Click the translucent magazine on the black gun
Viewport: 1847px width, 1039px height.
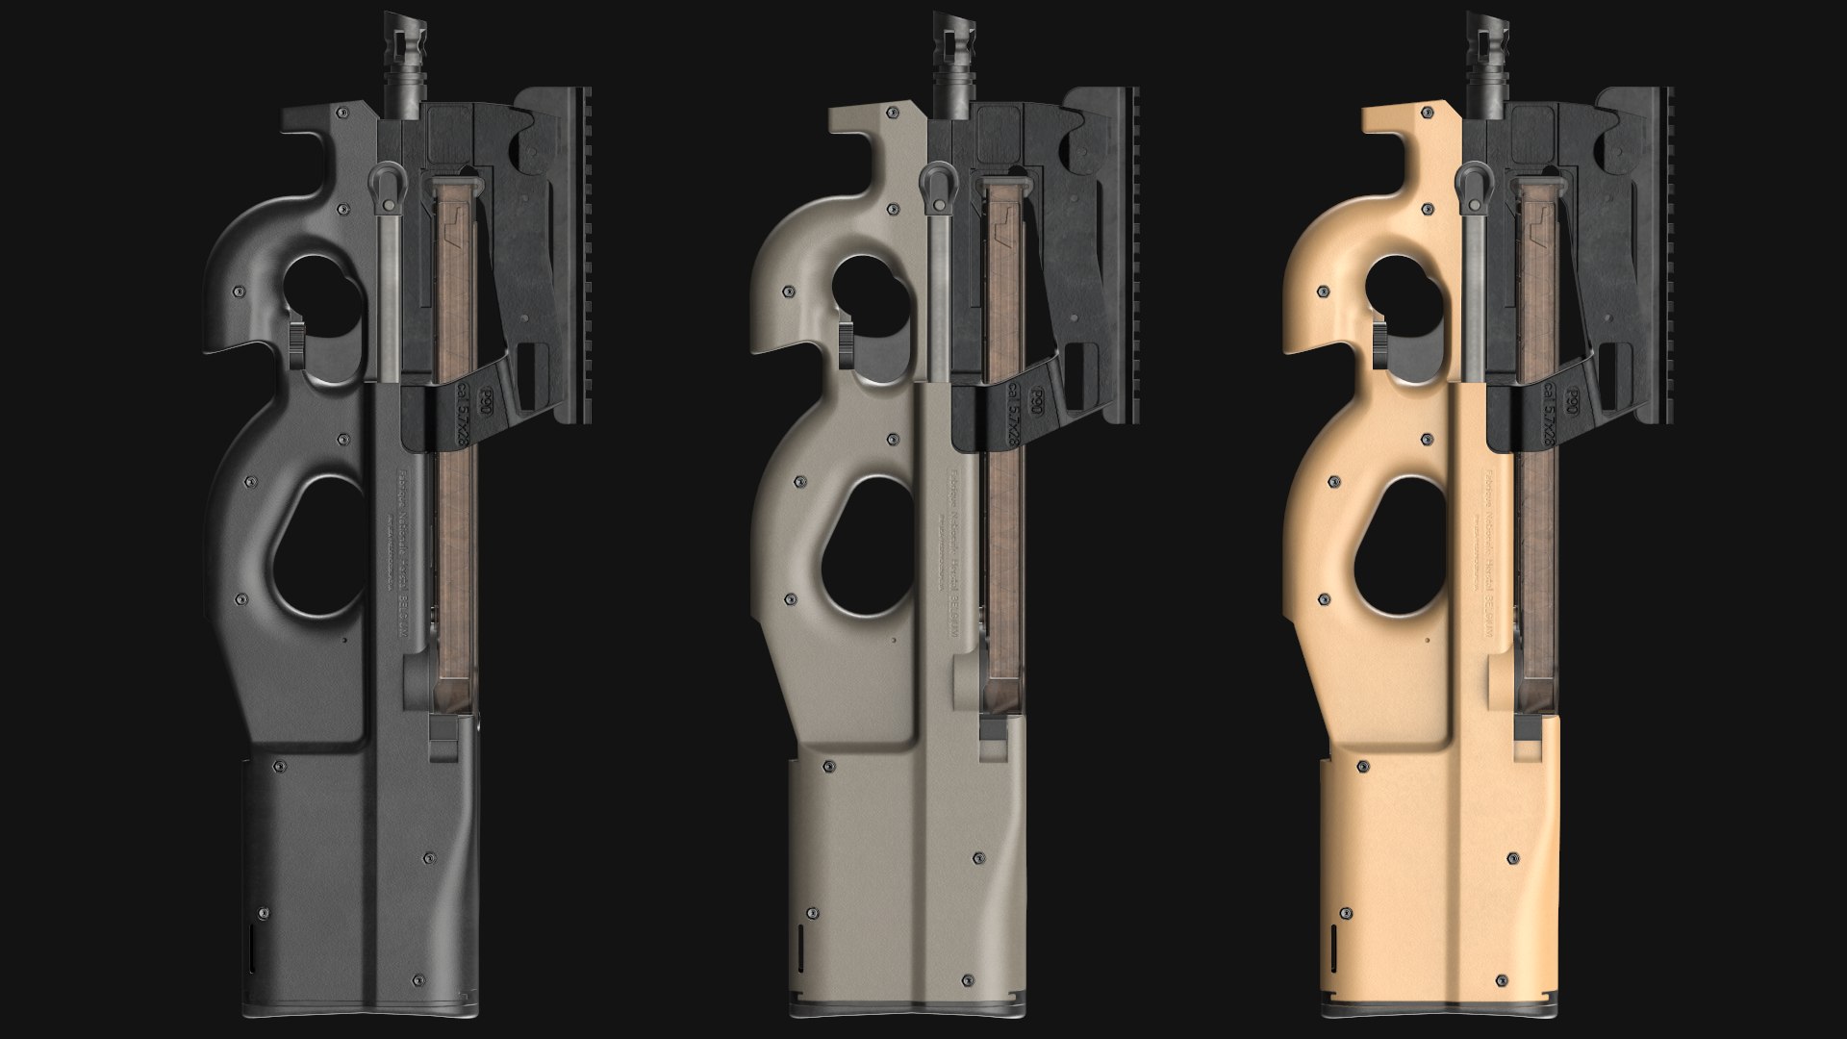452,539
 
